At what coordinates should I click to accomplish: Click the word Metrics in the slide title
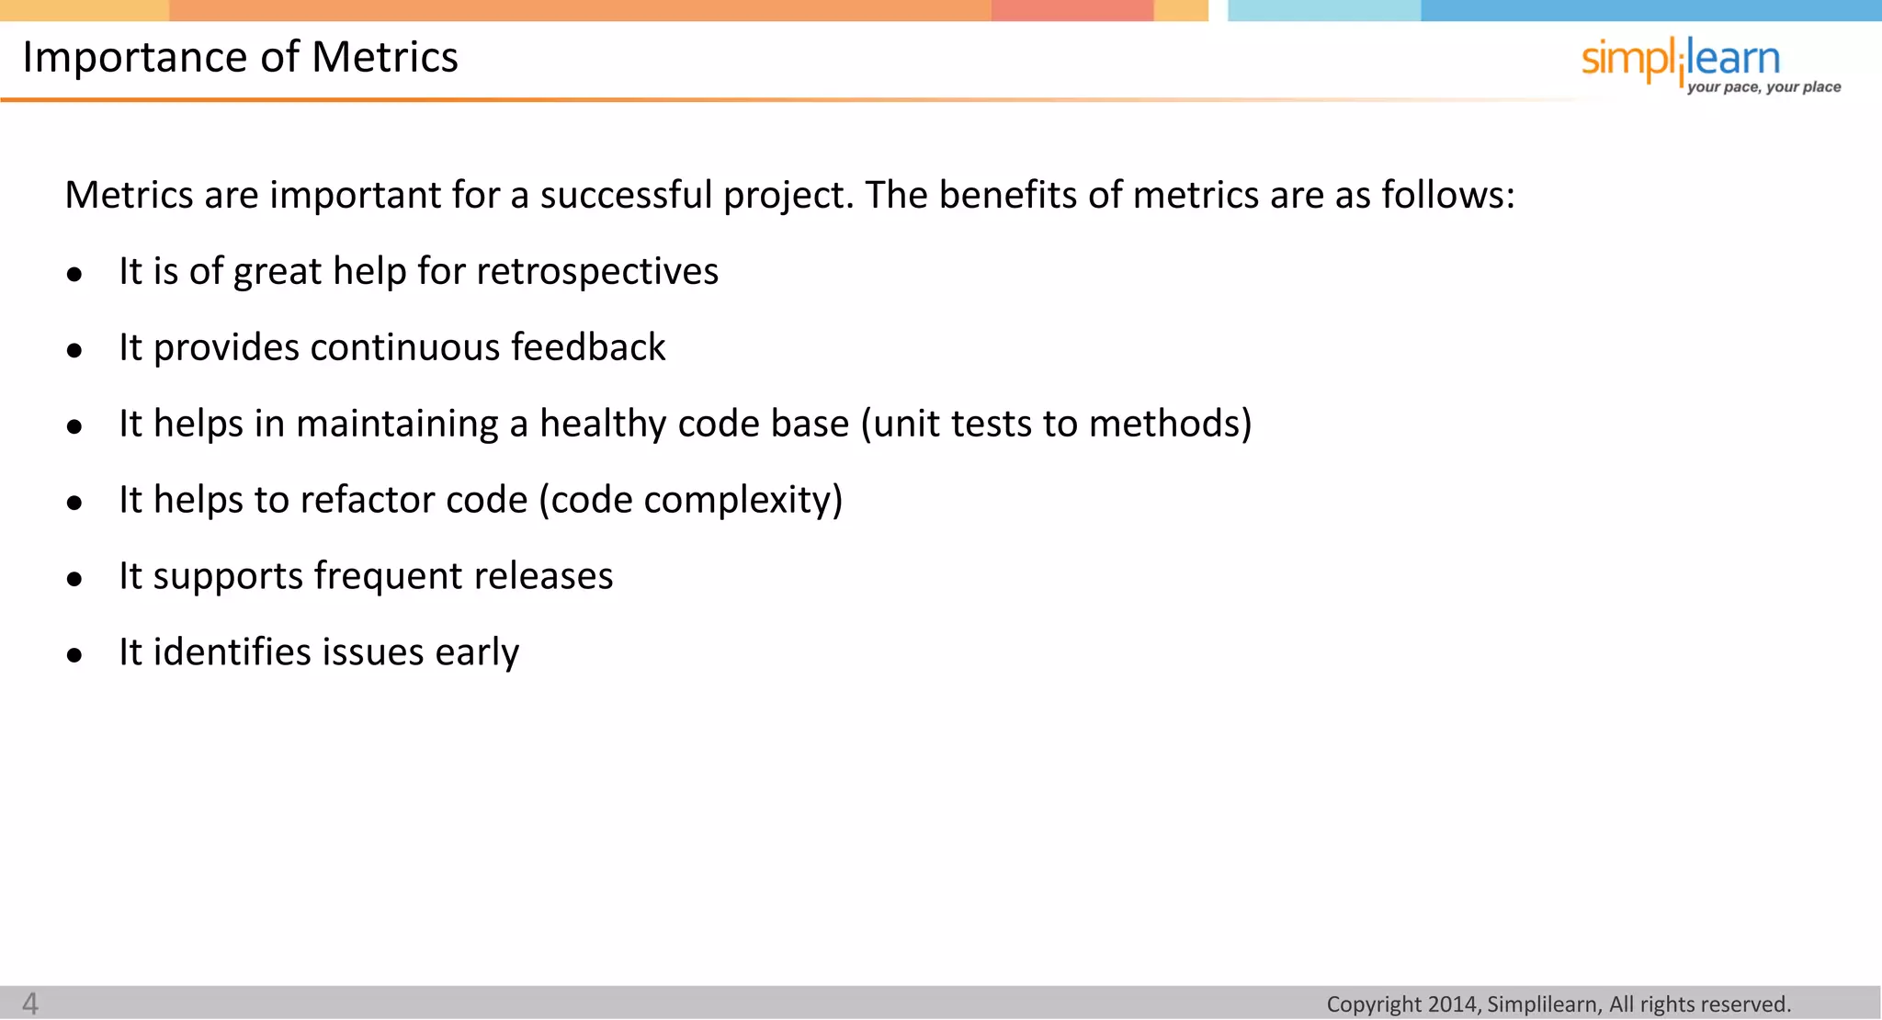tap(384, 57)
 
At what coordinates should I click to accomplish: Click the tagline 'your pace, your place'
tap(1763, 87)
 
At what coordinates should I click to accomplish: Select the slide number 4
tap(30, 1003)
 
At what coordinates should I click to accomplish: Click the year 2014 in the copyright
tap(1452, 1004)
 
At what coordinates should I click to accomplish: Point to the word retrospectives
tap(597, 272)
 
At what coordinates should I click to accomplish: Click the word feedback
tap(588, 347)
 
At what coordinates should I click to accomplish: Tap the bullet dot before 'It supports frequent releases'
tap(74, 579)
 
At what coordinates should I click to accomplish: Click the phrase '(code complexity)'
tap(690, 501)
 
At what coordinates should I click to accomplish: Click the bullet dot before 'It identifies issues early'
tap(74, 655)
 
